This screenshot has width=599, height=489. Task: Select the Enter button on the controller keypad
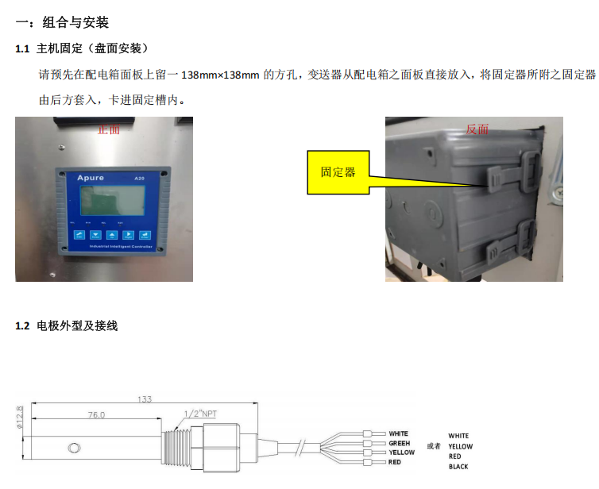(x=145, y=235)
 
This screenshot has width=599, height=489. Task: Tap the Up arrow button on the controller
(x=112, y=235)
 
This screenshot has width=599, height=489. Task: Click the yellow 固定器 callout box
(x=338, y=172)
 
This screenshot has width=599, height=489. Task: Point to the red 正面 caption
(x=108, y=129)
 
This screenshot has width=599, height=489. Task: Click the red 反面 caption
(x=477, y=129)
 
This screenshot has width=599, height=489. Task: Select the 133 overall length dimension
(x=145, y=399)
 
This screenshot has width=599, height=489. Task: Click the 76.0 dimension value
(x=95, y=414)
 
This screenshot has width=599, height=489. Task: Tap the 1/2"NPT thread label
(x=199, y=414)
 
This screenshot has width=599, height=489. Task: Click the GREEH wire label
(x=399, y=443)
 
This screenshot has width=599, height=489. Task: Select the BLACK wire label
(x=458, y=467)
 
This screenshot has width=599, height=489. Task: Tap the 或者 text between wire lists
(x=433, y=445)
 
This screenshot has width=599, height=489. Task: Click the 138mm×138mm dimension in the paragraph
(x=221, y=75)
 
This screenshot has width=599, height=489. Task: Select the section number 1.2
(x=22, y=325)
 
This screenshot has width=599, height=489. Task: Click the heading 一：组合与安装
(x=60, y=24)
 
